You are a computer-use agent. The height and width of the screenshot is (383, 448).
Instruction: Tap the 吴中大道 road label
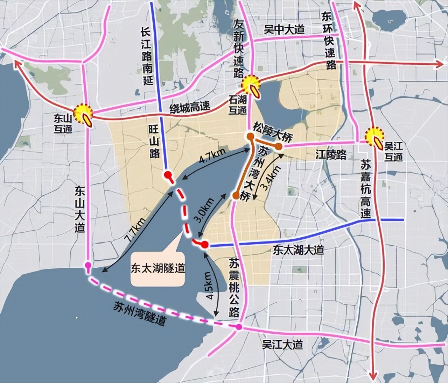tap(284, 30)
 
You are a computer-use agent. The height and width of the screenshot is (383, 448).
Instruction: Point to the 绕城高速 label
tap(190, 107)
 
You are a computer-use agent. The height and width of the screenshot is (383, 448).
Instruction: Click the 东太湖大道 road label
tap(298, 250)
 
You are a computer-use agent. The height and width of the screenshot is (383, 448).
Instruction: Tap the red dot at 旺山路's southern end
tap(168, 174)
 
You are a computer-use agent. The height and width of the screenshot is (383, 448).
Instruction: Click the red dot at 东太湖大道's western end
tap(205, 245)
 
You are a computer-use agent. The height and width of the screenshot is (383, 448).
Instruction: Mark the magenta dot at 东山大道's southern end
tap(88, 265)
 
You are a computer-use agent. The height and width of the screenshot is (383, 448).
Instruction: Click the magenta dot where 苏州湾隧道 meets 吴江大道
tap(239, 327)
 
